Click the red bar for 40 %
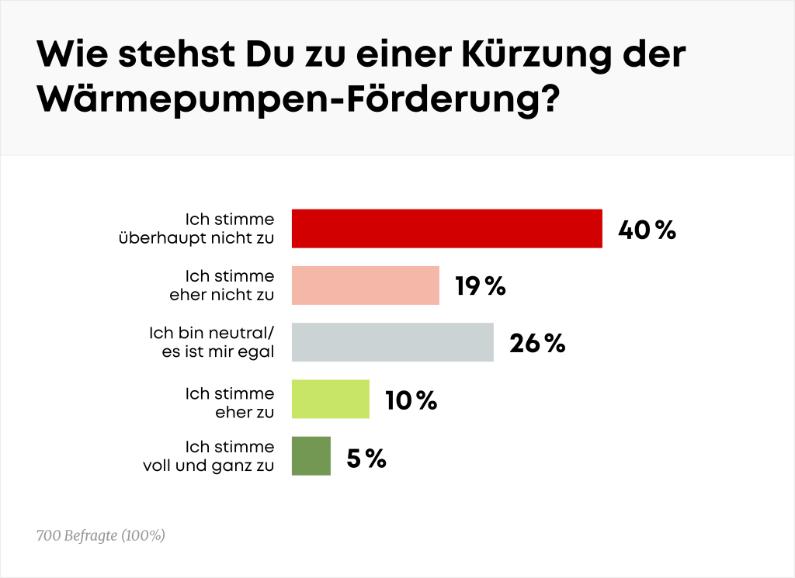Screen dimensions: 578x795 (x=446, y=229)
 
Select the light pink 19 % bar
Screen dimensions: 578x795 (x=365, y=286)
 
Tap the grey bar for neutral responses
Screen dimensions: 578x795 (x=392, y=343)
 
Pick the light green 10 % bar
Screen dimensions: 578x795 (x=330, y=400)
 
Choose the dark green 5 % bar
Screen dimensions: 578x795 (x=311, y=456)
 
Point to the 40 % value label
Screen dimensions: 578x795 (x=647, y=230)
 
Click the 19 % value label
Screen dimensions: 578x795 (x=480, y=287)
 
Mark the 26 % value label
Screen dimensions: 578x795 (x=536, y=344)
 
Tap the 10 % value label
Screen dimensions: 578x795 (x=411, y=400)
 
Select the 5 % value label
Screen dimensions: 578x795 (x=366, y=459)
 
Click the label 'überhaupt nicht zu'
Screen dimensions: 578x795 (x=196, y=238)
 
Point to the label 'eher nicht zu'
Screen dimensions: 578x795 (x=221, y=295)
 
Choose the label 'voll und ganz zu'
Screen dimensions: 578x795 (x=208, y=466)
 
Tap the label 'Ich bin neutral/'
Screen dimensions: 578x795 (x=211, y=333)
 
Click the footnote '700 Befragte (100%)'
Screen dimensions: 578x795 (x=101, y=535)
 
